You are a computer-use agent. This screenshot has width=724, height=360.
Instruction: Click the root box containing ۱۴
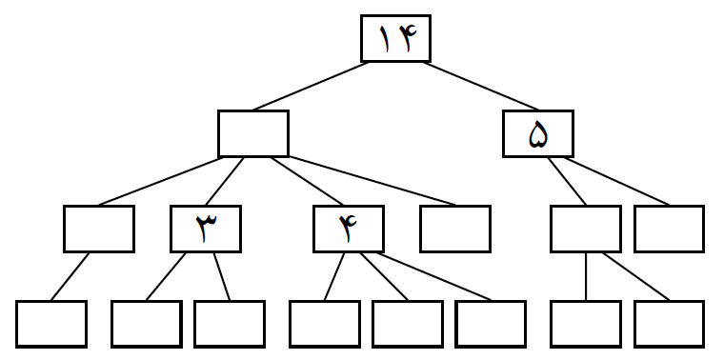(395, 39)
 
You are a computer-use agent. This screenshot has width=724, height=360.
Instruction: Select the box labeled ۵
(538, 134)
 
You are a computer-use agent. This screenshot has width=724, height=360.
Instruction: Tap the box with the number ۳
(206, 229)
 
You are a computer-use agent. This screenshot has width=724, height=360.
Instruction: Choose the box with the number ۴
(349, 229)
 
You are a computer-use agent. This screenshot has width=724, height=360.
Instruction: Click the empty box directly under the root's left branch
(252, 134)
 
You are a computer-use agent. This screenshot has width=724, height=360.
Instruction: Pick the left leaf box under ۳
(146, 324)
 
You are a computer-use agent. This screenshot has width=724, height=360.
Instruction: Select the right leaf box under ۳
(230, 324)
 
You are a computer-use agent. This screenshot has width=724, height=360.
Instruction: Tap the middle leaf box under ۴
(408, 324)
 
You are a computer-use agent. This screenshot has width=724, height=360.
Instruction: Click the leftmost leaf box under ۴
(324, 324)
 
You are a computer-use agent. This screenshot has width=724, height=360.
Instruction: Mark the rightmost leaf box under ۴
(491, 324)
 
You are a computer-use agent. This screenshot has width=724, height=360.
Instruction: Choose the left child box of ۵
(586, 229)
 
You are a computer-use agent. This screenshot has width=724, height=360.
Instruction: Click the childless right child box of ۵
(669, 229)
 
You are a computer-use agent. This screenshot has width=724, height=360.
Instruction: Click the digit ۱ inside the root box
(385, 40)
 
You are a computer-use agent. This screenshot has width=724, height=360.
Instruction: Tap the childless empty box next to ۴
(455, 229)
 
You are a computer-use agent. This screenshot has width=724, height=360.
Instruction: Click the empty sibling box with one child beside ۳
(99, 229)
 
